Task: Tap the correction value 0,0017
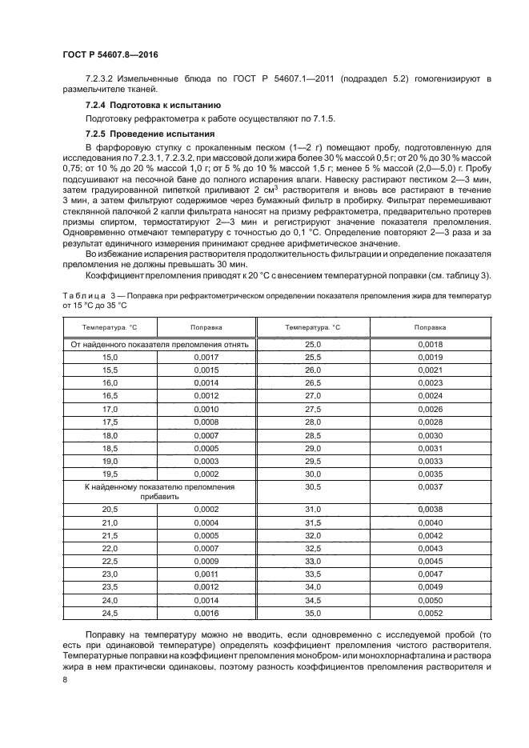206,357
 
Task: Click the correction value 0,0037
430,486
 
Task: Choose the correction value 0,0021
430,370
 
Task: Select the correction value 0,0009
206,561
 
